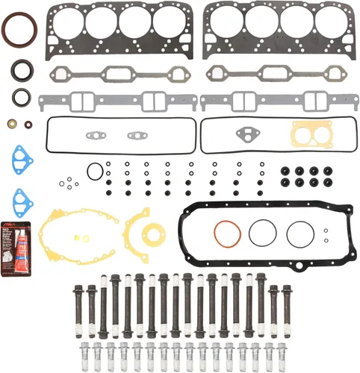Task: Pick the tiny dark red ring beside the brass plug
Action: click(x=28, y=124)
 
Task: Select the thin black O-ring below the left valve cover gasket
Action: click(x=94, y=171)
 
